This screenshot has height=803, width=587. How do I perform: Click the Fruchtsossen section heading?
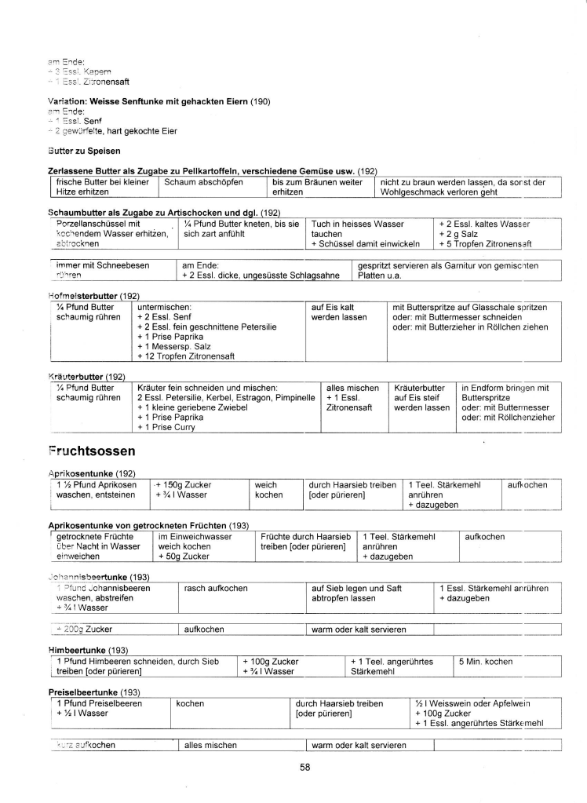point(92,451)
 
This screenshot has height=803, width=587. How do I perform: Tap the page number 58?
point(305,768)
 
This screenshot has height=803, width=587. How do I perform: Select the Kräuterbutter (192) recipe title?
point(87,377)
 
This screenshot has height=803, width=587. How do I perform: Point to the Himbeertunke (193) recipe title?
point(89,650)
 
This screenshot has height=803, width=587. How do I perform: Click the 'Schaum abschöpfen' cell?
point(204,182)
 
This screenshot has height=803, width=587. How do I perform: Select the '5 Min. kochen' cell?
point(487,662)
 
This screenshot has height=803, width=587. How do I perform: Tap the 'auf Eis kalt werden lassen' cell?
point(334,312)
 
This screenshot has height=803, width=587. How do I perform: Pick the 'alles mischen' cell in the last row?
point(211,745)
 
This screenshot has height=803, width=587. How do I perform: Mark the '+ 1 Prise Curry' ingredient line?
point(167,428)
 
